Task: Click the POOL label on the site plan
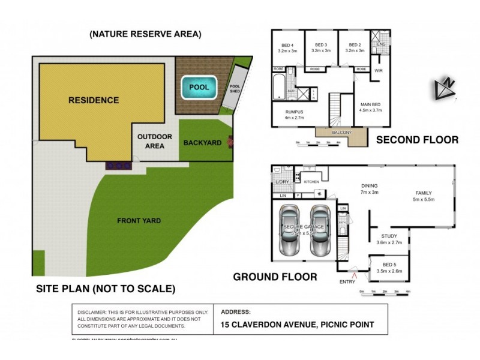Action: click(199, 88)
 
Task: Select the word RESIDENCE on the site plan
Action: click(93, 100)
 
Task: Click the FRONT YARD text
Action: click(139, 221)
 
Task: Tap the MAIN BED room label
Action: click(370, 106)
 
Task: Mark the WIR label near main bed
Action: click(378, 71)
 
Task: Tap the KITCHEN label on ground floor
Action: click(311, 181)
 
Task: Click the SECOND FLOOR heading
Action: click(416, 140)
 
